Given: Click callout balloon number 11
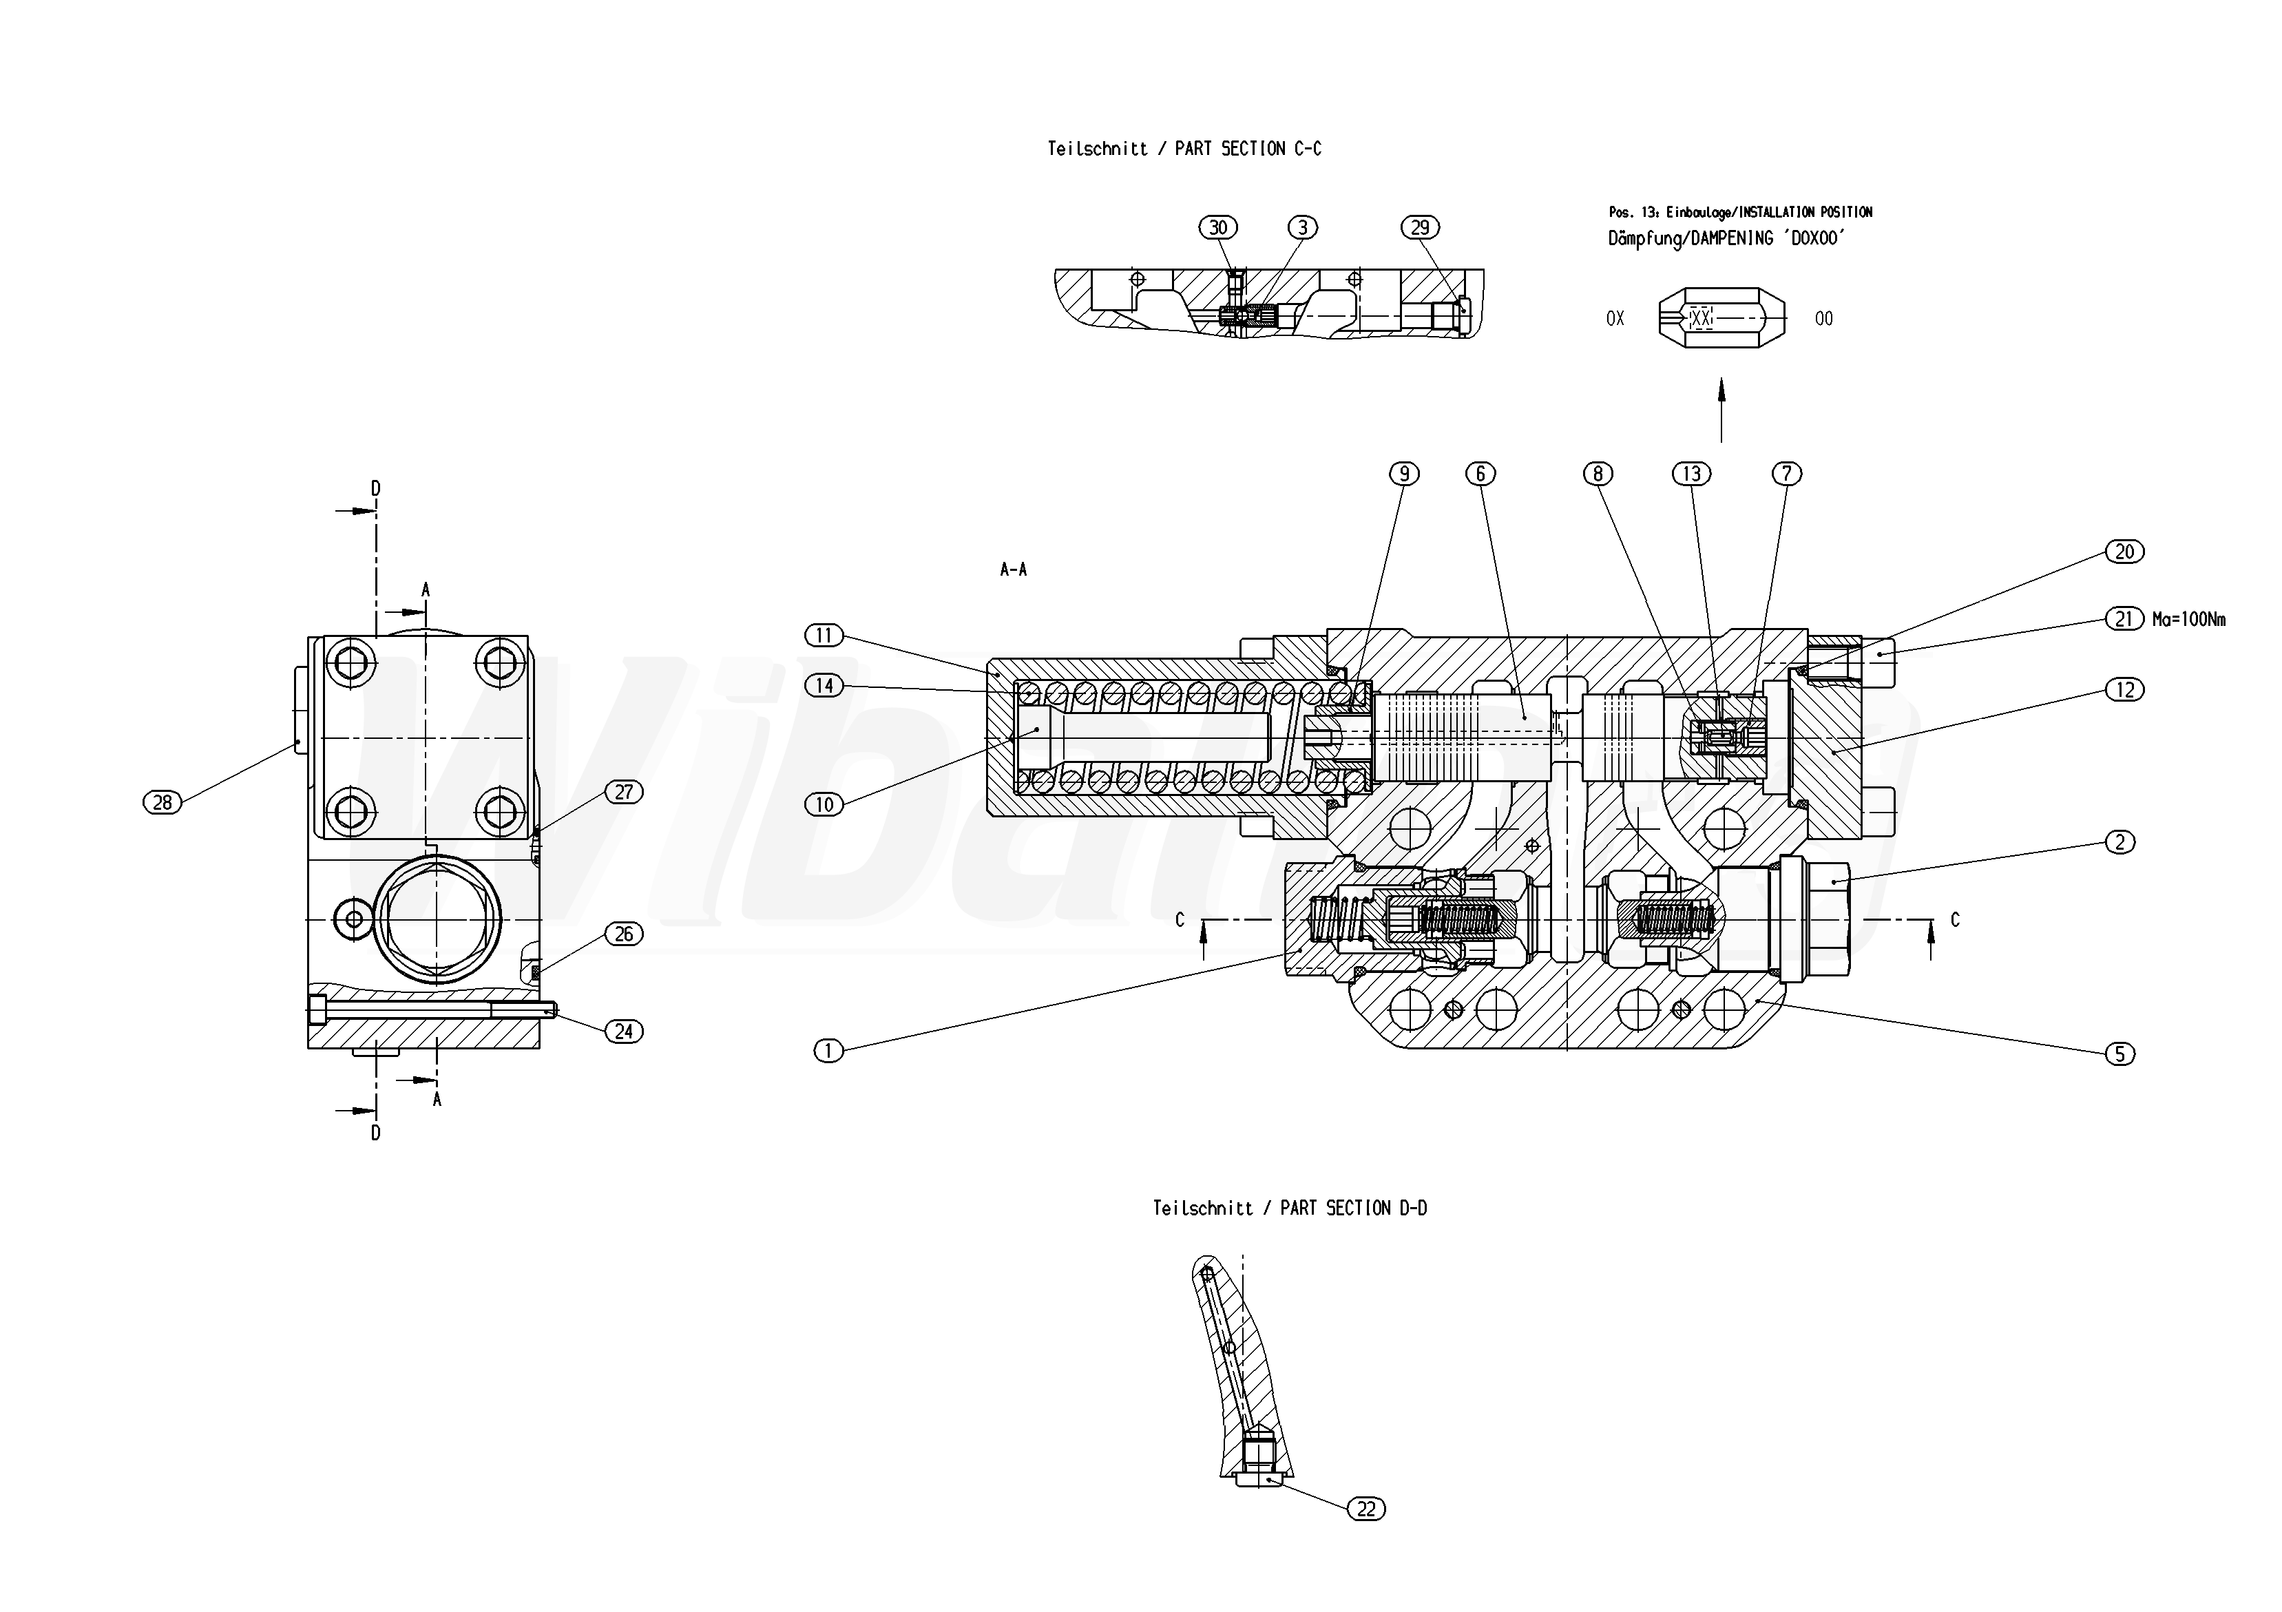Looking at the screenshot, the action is [x=824, y=635].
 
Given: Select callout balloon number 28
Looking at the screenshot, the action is [x=163, y=802].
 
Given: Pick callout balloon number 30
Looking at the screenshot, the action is [x=1219, y=228].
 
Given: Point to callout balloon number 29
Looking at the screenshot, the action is [x=1421, y=228].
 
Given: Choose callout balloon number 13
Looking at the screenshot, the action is [x=1692, y=474].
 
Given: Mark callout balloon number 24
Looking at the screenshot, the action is [x=624, y=1032].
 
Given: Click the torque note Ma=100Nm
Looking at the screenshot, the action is [x=2188, y=620].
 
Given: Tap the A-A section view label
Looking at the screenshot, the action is [x=1014, y=569].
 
